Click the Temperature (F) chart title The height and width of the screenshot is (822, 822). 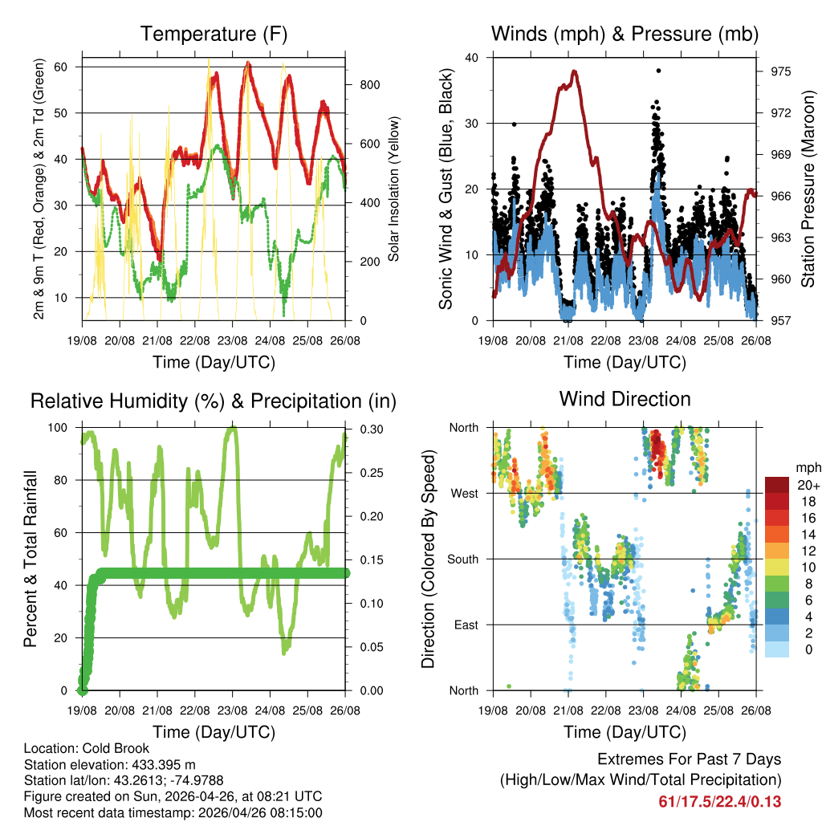coord(214,35)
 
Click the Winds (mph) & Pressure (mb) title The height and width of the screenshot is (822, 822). coord(625,35)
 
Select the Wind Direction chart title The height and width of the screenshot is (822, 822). coord(625,399)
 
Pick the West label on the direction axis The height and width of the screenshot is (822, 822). coord(463,493)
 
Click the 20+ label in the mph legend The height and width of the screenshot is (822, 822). coord(808,485)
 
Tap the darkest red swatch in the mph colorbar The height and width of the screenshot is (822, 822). coord(776,484)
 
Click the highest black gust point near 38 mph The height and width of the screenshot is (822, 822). coord(658,71)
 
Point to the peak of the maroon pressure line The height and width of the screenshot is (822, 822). coord(574,71)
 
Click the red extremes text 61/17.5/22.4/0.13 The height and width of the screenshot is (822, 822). coord(719,801)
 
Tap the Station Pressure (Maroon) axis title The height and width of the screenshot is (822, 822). coord(808,188)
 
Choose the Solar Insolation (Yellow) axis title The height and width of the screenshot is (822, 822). coord(393,189)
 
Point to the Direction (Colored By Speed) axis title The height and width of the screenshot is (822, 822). coord(428,559)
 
